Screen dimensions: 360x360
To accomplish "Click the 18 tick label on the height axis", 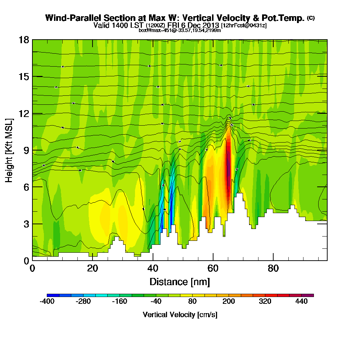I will pyautogui.click(x=24, y=40).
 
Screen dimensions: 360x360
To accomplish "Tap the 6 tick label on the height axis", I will pyautogui.click(x=26, y=187).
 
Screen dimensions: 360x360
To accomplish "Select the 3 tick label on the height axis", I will pyautogui.click(x=26, y=224).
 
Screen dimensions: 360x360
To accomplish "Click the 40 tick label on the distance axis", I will pyautogui.click(x=153, y=268).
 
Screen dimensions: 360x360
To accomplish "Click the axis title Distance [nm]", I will pyautogui.click(x=180, y=281).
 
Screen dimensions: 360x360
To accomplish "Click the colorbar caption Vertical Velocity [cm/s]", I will pyautogui.click(x=180, y=315).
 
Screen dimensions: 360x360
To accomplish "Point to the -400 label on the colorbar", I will pyautogui.click(x=47, y=302).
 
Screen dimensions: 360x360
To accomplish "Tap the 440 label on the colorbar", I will pyautogui.click(x=302, y=302).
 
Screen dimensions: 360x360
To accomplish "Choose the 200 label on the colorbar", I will pyautogui.click(x=229, y=302).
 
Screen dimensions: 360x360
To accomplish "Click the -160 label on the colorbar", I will pyautogui.click(x=120, y=302).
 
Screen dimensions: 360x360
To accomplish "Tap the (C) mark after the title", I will pyautogui.click(x=311, y=18).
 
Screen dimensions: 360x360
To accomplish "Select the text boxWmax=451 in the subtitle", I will pyautogui.click(x=153, y=30).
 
